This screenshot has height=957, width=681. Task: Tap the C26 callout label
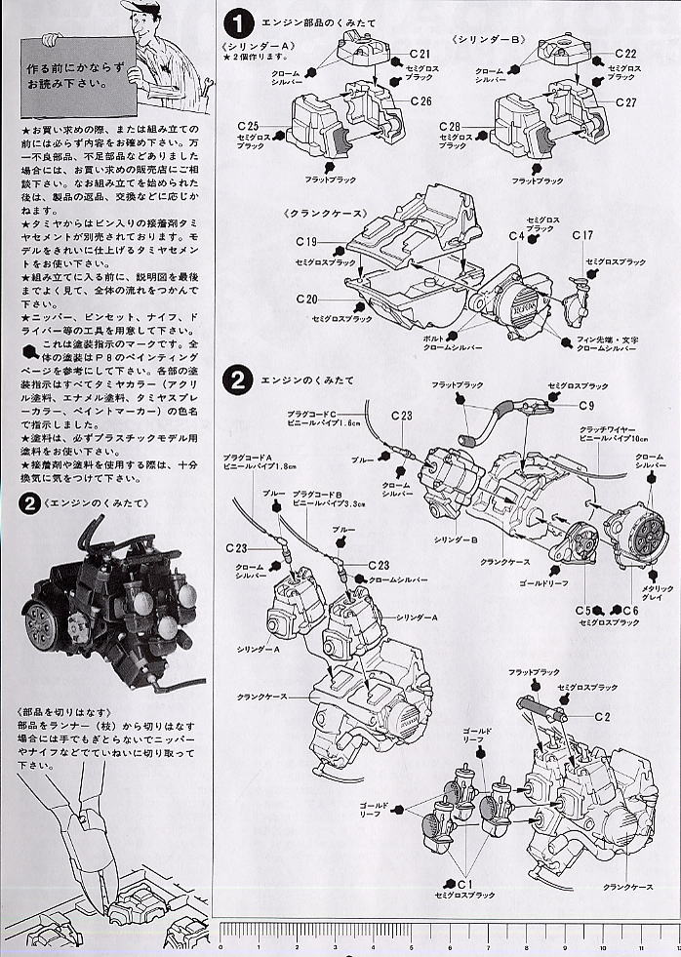421,100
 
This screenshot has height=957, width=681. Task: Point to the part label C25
248,127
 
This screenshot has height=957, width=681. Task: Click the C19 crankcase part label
305,241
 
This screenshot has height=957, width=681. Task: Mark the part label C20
305,299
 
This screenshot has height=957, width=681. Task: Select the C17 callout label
582,235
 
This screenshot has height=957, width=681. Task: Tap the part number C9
585,404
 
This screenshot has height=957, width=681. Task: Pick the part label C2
602,717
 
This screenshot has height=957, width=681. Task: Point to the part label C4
515,236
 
